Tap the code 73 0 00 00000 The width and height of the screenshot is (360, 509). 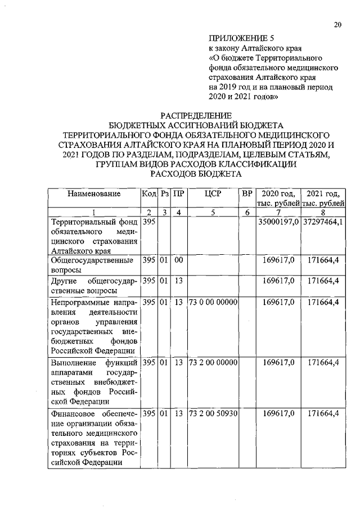pyautogui.click(x=213, y=302)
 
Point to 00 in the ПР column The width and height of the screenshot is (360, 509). pyautogui.click(x=179, y=261)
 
